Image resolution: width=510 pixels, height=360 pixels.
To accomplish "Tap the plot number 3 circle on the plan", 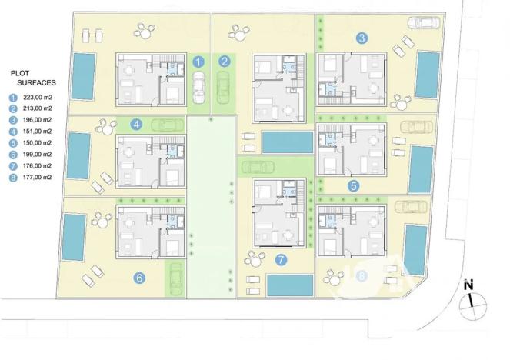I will [362, 37].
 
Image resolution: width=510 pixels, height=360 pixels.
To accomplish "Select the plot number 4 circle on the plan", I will [136, 124].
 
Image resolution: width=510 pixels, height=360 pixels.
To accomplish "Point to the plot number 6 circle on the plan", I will [139, 278].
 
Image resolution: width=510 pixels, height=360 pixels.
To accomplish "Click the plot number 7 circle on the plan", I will [282, 259].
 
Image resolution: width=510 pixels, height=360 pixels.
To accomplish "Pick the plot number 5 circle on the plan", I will [353, 185].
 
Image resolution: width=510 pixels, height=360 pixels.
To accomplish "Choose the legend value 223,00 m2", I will [37, 98].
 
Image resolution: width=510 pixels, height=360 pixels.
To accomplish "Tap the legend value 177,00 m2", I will [37, 177].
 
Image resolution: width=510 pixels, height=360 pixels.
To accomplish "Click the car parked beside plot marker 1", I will [198, 86].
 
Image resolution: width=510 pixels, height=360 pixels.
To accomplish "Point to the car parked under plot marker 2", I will [225, 86].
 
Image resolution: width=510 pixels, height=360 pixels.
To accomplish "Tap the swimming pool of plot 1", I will [84, 75].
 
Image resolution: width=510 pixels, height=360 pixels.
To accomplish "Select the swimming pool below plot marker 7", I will [291, 285].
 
